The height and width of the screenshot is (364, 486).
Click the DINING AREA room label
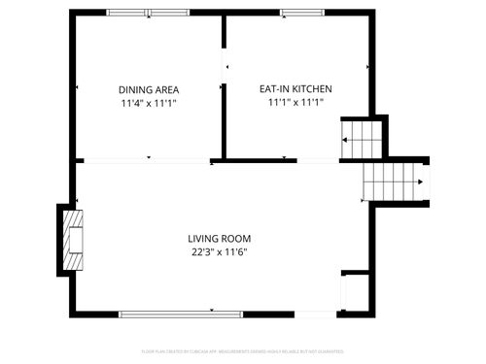[149, 88]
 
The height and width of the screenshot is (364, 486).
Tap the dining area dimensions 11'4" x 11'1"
[149, 102]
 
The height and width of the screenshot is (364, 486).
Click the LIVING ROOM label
[220, 238]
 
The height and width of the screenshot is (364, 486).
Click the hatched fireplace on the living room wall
[73, 240]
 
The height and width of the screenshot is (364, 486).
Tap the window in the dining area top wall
[149, 13]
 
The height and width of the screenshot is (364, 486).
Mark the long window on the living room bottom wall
[166, 313]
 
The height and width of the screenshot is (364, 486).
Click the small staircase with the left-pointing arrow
[361, 140]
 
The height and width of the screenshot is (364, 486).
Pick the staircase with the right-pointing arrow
[395, 181]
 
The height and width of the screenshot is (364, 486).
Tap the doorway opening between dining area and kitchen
[225, 68]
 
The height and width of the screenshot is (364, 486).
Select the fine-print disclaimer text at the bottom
[242, 351]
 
